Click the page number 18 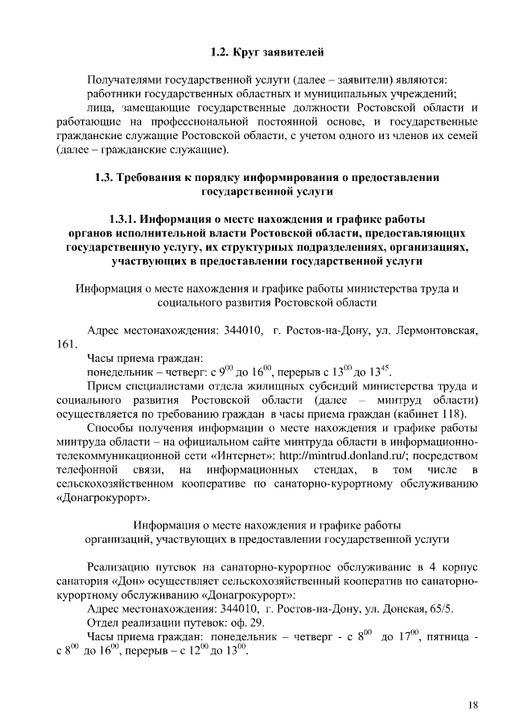[x=472, y=705]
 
